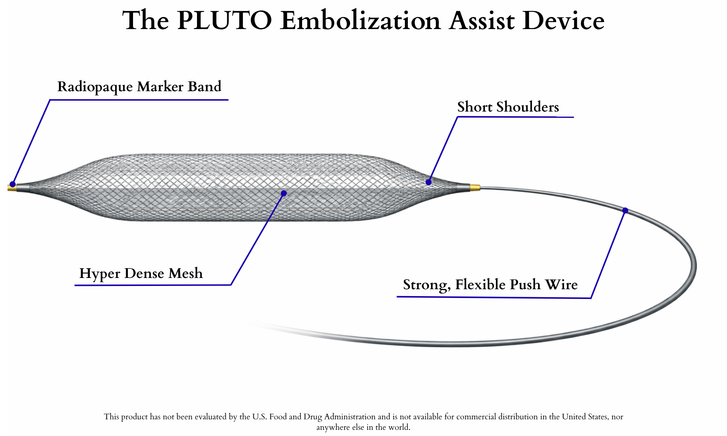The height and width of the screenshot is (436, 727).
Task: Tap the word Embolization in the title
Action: (x=360, y=21)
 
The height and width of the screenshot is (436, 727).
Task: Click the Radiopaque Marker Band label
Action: (x=139, y=87)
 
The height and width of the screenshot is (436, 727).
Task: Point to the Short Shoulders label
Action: (x=508, y=107)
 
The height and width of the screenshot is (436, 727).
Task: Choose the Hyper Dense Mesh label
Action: (x=141, y=273)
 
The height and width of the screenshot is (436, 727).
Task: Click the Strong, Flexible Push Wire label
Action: (x=490, y=284)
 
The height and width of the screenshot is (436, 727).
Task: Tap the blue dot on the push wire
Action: (x=625, y=210)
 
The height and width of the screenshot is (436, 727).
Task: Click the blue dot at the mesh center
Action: (x=284, y=193)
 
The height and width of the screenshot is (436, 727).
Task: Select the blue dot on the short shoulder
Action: (x=429, y=182)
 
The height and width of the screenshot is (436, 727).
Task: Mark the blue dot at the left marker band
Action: (x=13, y=184)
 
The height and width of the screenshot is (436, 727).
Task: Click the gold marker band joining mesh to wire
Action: (x=475, y=187)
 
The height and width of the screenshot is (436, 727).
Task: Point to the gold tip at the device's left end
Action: (x=11, y=188)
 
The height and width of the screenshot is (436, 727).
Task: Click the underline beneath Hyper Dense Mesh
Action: (x=153, y=285)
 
